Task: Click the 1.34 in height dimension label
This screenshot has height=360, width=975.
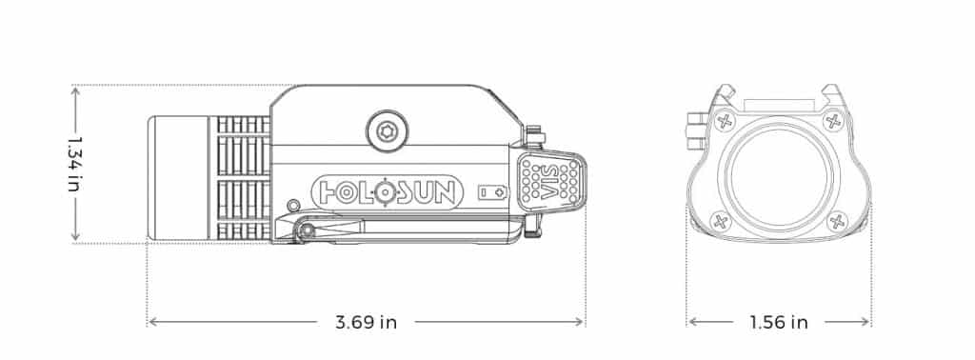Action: [x=75, y=164]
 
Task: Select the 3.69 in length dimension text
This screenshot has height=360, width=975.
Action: [x=366, y=322]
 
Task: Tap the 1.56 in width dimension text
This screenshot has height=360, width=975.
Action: [x=779, y=322]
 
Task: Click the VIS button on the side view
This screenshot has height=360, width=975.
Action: [x=551, y=180]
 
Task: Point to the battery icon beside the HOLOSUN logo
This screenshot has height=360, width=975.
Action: [x=492, y=192]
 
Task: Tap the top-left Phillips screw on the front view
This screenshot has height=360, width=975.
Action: [x=725, y=121]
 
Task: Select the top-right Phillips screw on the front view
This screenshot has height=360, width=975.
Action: [x=832, y=121]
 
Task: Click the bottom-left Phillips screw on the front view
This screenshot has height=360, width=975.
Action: [x=721, y=221]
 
